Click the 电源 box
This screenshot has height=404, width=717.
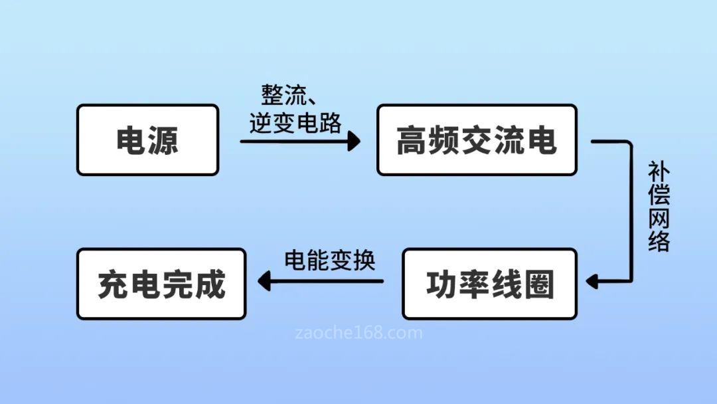147,140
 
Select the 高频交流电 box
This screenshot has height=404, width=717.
477,140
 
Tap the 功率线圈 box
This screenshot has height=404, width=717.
490,284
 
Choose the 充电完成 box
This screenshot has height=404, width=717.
161,284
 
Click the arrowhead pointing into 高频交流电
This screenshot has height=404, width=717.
354,141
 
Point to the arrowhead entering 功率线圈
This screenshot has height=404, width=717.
592,282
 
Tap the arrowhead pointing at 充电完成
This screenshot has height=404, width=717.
265,282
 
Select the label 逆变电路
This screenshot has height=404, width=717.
295,123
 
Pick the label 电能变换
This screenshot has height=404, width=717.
330,260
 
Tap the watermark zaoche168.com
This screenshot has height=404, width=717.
358,332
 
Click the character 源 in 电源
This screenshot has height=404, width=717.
163,141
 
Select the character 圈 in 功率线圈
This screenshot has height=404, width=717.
538,284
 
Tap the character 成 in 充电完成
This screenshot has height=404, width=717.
210,284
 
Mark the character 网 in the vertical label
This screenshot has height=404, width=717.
659,218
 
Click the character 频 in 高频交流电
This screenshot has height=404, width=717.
444,141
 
